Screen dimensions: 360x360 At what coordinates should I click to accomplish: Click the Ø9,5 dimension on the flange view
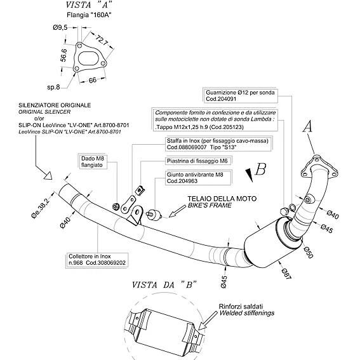click(x=60, y=28)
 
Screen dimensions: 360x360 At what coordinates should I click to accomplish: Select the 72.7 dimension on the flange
click(x=102, y=40)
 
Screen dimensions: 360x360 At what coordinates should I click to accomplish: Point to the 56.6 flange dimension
click(x=63, y=55)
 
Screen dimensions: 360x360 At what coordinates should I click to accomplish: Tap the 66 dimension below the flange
click(x=92, y=81)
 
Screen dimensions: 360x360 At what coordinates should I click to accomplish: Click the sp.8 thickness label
click(x=53, y=87)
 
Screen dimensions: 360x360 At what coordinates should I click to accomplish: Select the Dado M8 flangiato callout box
click(x=93, y=162)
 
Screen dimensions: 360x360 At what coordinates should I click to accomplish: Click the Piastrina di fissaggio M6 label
click(x=197, y=161)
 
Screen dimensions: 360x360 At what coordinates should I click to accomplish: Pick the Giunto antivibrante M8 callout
click(x=198, y=178)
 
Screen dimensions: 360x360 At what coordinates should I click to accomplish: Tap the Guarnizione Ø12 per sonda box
click(x=240, y=96)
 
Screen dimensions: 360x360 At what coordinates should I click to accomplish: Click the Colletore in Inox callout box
click(x=97, y=260)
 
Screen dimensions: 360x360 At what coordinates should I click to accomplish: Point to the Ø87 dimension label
click(x=286, y=274)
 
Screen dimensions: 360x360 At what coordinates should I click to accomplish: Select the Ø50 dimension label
click(x=308, y=253)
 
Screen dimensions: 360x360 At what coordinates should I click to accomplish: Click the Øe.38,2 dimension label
click(x=41, y=208)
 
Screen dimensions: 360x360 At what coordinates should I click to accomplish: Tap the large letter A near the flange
click(x=308, y=127)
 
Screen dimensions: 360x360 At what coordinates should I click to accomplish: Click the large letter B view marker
click(x=260, y=169)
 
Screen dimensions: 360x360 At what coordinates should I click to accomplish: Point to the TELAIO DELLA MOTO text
click(x=222, y=199)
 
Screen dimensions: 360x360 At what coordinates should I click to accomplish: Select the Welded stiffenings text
click(x=247, y=313)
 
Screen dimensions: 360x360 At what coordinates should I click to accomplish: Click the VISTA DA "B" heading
click(x=164, y=285)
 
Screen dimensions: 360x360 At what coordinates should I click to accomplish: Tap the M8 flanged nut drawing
click(x=116, y=206)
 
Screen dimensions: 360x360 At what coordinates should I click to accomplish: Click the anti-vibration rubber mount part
click(x=154, y=215)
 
